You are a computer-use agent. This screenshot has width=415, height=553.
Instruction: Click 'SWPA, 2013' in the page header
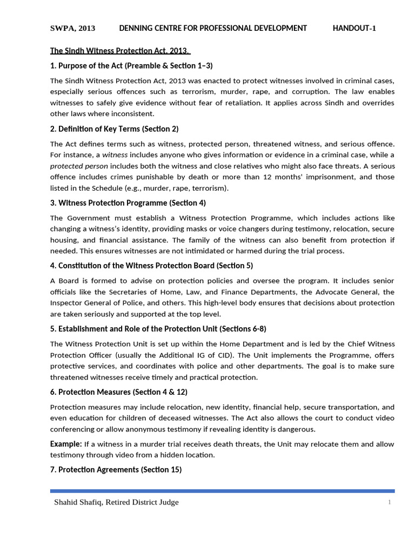coord(73,29)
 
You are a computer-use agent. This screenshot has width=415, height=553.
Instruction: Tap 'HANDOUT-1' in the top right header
coord(354,29)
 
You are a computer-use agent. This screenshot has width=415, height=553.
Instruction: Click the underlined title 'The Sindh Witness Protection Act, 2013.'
coord(119,51)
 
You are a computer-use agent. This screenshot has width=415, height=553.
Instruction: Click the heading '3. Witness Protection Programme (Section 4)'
coord(128,203)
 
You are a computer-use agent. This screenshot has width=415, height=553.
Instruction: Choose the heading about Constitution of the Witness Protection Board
coord(151,266)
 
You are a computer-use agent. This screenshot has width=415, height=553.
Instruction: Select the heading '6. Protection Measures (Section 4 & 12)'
coord(119,392)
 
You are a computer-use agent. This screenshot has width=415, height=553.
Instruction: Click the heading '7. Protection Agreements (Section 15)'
coord(116,470)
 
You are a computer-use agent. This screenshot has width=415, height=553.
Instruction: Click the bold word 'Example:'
coord(65,444)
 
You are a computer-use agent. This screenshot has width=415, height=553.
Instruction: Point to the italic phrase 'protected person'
coord(79,166)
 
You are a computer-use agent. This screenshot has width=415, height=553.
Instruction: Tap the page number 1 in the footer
coord(389,503)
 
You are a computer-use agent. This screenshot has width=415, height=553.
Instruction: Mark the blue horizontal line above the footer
coord(222,491)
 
